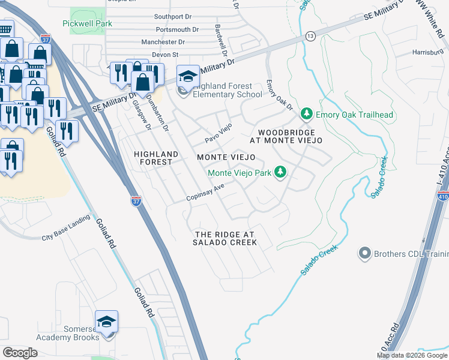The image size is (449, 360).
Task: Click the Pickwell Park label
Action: point(87,23)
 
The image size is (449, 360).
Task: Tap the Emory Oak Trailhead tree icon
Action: point(307,114)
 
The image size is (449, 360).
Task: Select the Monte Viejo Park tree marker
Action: point(280,173)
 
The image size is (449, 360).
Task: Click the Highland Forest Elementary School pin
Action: point(188,77)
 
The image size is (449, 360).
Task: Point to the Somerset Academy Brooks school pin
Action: point(106,323)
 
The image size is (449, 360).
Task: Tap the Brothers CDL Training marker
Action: point(364,254)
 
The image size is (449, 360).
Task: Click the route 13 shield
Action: point(310,36)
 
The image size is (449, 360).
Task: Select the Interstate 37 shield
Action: point(136,199)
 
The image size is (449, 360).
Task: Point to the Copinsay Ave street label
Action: point(205,193)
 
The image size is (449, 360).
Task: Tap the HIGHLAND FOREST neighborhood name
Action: point(156,158)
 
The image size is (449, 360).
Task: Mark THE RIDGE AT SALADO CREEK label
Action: point(224,238)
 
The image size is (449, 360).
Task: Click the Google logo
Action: point(20,353)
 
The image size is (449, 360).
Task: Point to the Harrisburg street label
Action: point(429,52)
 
